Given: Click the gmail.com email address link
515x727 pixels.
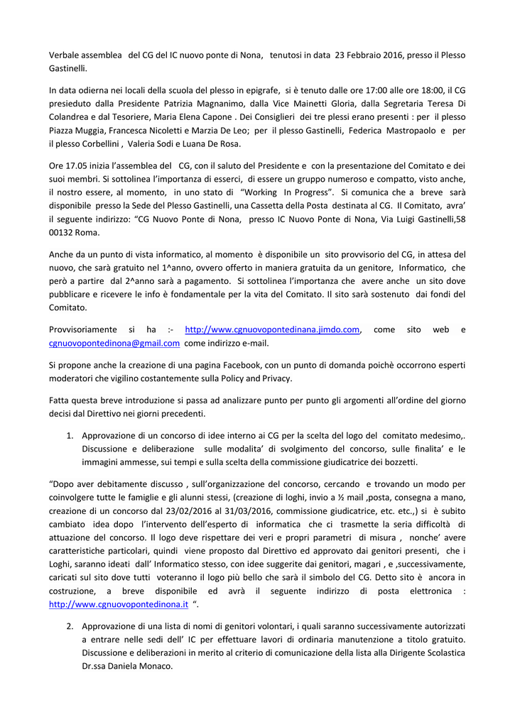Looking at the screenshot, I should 114,343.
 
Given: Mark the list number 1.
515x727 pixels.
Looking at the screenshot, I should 70,436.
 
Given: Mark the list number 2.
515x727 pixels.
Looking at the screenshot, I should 70,626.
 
